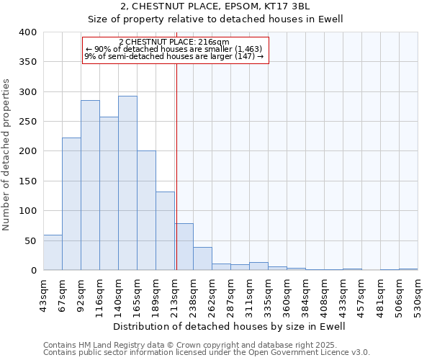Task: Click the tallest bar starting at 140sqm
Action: [127, 183]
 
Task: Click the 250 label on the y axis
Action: [27, 122]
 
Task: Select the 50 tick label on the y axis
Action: [30, 240]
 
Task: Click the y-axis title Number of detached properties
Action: [7, 151]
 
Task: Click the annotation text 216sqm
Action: [174, 42]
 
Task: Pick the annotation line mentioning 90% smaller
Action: [174, 49]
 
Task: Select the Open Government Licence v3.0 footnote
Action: [206, 352]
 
